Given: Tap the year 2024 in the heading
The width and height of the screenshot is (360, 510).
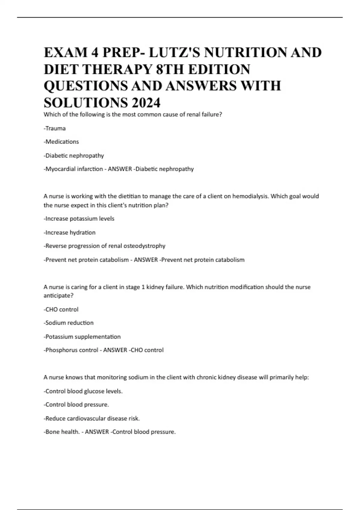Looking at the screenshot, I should coord(145,103).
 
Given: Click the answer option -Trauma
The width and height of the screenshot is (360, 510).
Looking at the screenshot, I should coord(55,128).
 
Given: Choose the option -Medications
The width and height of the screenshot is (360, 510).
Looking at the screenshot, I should coord(61,142).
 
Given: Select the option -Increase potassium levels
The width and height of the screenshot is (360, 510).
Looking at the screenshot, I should coord(79,219).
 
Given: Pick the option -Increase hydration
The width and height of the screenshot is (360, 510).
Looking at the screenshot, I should coord(70,232).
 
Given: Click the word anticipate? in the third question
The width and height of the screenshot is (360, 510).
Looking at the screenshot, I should coord(58,295).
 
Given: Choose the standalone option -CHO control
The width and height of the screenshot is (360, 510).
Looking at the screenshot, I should coord(61,309).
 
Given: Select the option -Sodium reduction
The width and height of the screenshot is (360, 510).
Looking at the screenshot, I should coord(69,323).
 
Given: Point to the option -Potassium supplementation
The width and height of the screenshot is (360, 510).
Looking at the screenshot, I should coord(82,337).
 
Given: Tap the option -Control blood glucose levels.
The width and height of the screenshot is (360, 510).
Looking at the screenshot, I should coord(83,391).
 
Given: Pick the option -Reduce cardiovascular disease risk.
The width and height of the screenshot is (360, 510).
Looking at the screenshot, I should coord(92,418).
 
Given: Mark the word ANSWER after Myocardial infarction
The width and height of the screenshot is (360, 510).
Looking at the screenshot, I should coord(120,169).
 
